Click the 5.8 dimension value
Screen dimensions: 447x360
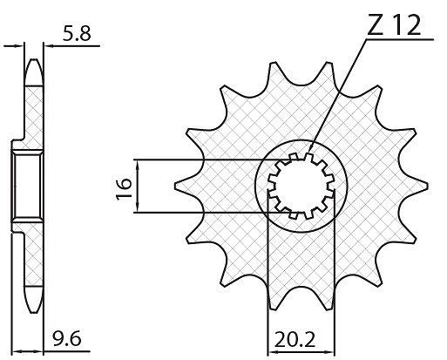77,33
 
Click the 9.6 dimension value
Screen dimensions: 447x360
67,339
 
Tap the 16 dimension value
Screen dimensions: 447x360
124,188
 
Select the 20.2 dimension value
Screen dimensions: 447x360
295,340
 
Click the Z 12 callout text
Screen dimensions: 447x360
394,25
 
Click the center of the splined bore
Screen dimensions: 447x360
301,186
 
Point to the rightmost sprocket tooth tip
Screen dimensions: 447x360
428,186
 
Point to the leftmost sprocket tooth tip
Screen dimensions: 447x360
175,186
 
